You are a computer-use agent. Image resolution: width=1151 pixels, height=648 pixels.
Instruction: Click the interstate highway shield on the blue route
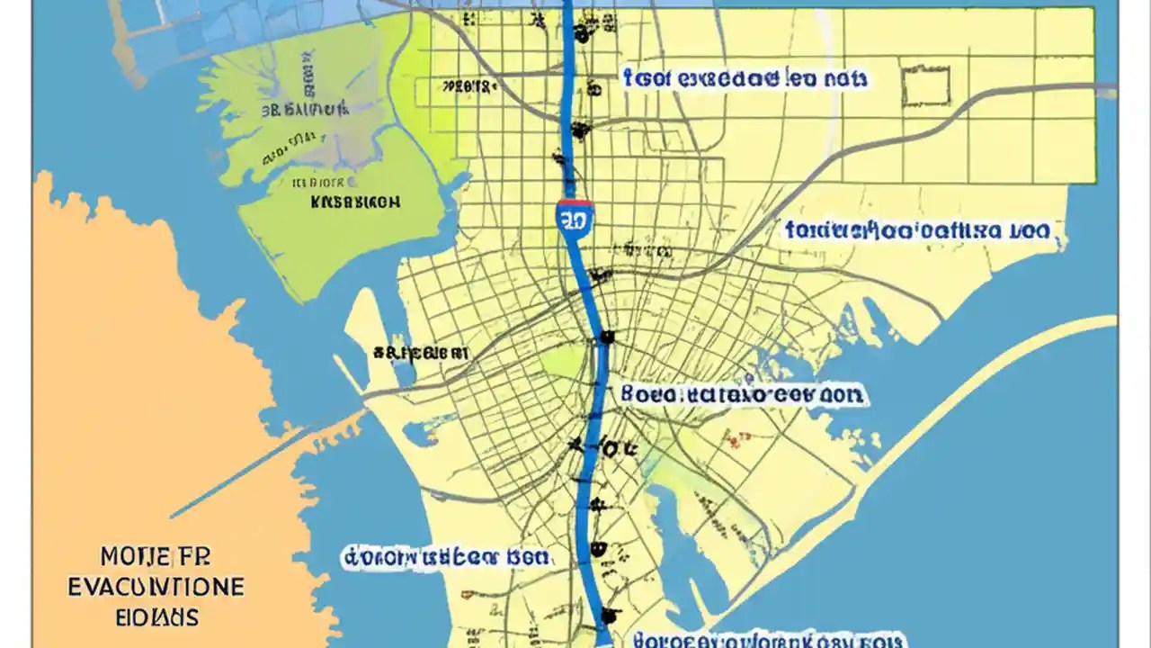click(575, 219)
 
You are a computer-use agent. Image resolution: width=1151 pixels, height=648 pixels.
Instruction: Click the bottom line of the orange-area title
click(157, 617)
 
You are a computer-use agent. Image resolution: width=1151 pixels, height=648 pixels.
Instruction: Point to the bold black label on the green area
click(355, 202)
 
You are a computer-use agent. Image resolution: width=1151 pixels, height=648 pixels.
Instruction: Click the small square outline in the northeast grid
click(925, 86)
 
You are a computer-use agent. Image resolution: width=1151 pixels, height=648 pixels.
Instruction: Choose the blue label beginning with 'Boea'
click(742, 394)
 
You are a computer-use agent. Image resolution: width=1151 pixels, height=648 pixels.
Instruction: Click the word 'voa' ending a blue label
click(1026, 230)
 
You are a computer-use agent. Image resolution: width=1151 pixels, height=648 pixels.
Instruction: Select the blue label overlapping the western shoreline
click(445, 557)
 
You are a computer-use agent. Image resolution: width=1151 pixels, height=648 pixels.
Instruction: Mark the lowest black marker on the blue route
click(611, 616)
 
